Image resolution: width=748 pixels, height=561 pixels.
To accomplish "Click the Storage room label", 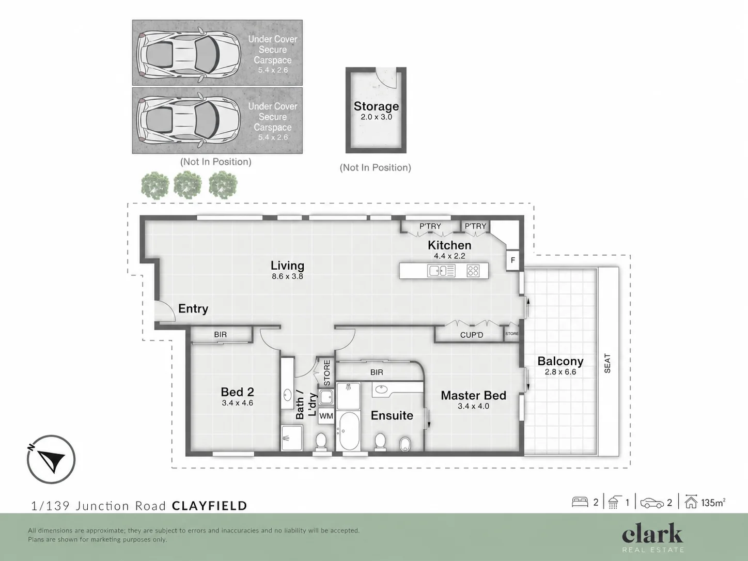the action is click(x=376, y=106).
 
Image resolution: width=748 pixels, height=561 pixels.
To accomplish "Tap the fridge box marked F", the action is click(x=512, y=260).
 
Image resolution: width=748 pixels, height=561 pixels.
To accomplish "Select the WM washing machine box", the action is click(x=326, y=416).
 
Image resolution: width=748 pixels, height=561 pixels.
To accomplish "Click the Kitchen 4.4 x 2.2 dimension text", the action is click(x=449, y=256).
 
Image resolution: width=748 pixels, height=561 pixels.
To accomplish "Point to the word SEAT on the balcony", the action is click(x=607, y=364).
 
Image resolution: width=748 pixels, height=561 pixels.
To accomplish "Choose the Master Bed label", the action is click(x=473, y=396).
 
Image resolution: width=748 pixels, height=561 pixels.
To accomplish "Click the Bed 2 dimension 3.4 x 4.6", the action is click(x=238, y=403).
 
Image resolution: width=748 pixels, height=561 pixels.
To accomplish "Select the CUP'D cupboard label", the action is click(x=472, y=335).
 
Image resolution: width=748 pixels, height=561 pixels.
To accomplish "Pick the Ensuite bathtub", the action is click(x=348, y=431).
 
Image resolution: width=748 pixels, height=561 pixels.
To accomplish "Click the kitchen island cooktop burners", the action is click(x=473, y=271).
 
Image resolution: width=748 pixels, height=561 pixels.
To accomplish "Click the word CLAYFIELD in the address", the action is click(x=210, y=506).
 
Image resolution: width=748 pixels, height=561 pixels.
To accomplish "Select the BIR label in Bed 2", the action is click(x=221, y=335).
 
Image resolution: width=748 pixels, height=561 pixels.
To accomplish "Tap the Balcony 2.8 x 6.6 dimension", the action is click(x=560, y=372).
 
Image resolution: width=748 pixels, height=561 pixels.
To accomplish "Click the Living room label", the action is click(x=287, y=266).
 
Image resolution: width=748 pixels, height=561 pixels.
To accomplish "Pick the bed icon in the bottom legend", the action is click(x=580, y=503).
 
